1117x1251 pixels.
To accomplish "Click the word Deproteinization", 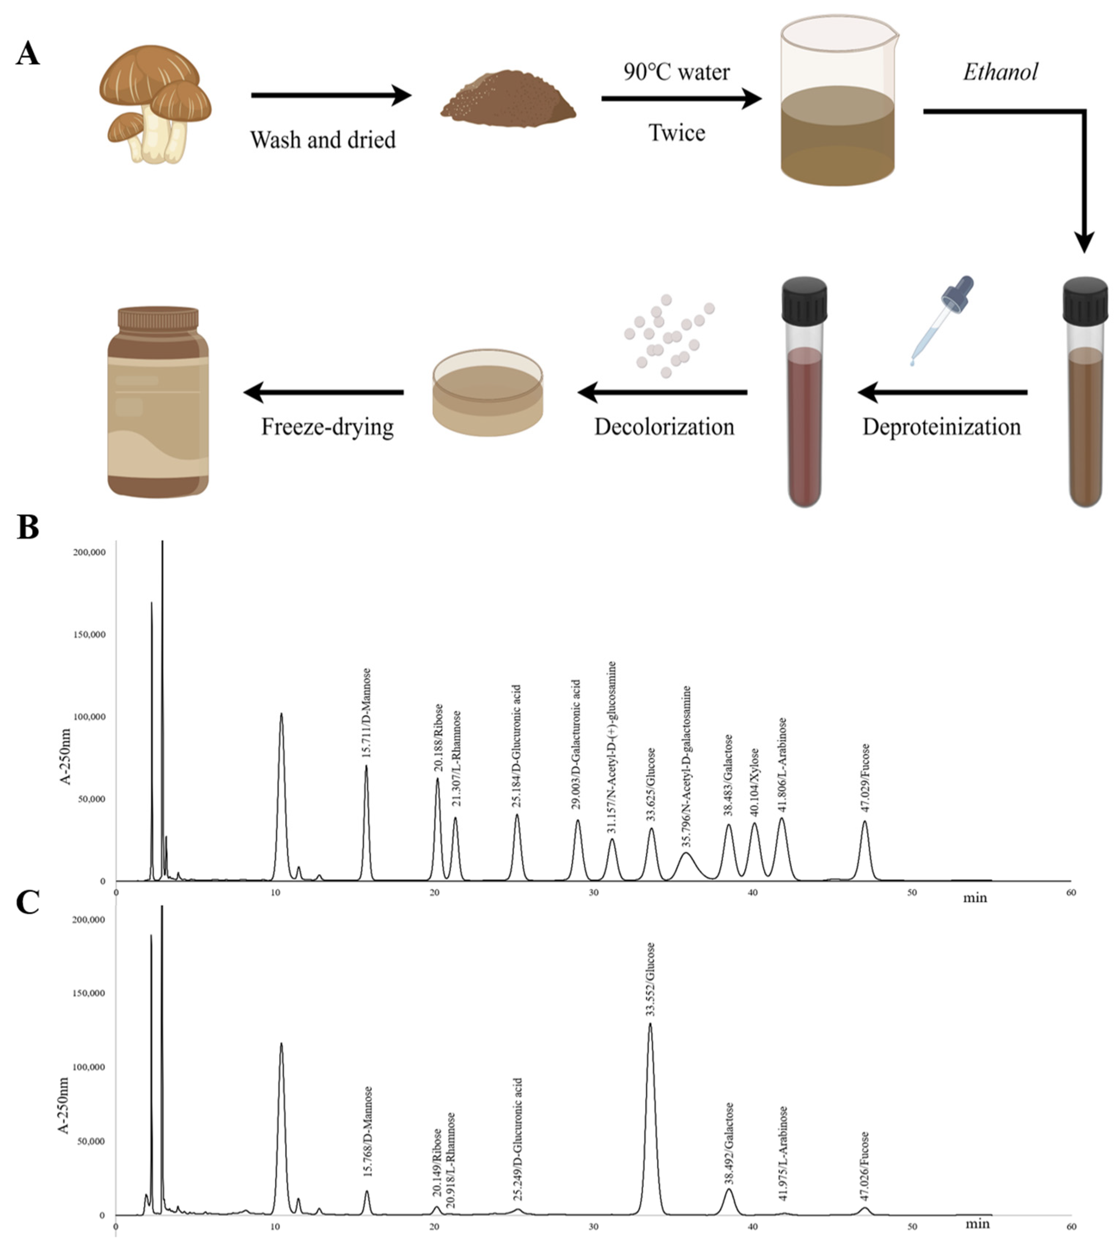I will [x=941, y=427].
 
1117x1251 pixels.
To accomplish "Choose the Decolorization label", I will [x=664, y=427].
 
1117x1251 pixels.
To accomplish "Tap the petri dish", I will [x=488, y=393].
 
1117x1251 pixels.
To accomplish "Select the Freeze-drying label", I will [x=327, y=427].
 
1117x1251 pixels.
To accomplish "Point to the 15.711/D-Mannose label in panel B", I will [x=367, y=714].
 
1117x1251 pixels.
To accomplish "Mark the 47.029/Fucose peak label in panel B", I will [x=865, y=778].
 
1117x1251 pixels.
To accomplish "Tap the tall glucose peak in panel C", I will [x=651, y=1105].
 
